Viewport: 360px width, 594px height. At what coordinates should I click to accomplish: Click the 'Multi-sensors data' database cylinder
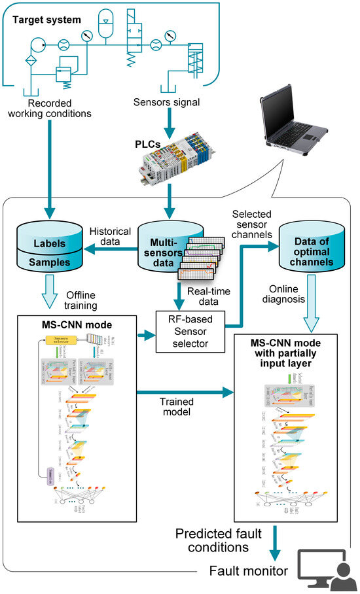[x=160, y=246]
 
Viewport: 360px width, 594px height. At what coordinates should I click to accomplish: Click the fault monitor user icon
[x=321, y=570]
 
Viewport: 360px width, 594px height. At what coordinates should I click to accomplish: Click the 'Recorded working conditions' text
[x=60, y=107]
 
